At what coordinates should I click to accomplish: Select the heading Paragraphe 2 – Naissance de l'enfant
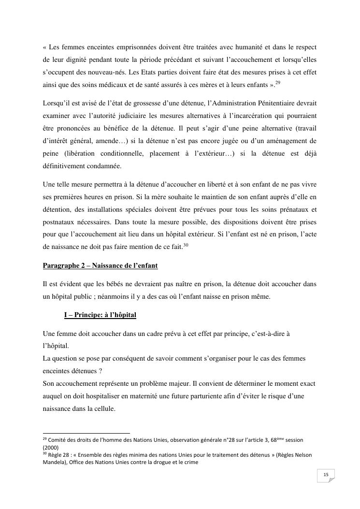pyautogui.click(x=100, y=266)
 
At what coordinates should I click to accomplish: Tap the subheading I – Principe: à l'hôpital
pyautogui.click(x=100, y=315)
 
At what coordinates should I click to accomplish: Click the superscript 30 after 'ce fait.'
pyautogui.click(x=186, y=245)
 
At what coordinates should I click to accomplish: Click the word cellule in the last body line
pyautogui.click(x=102, y=408)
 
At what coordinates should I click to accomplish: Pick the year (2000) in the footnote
pyautogui.click(x=51, y=448)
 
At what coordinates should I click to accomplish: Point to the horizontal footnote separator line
pyautogui.click(x=86, y=434)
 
